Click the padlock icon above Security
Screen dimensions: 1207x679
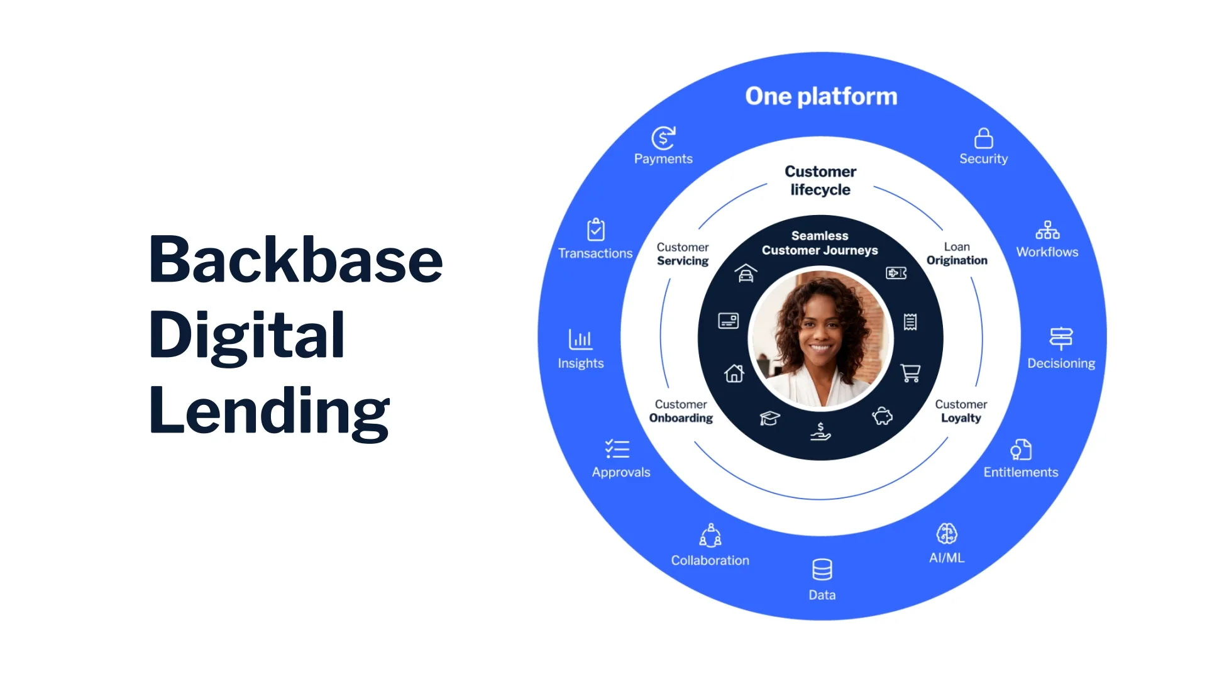(x=983, y=138)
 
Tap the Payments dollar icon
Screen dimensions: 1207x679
(x=663, y=138)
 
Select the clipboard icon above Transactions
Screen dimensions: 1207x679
(x=595, y=229)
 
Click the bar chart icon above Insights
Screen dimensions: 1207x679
(x=580, y=339)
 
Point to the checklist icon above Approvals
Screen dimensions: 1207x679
(x=617, y=448)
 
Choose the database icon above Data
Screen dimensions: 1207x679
(x=822, y=570)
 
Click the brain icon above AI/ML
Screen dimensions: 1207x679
(x=947, y=534)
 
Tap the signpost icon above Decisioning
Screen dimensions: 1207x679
(x=1061, y=338)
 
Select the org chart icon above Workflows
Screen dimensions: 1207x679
(x=1047, y=230)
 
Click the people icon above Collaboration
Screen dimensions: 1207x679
(x=710, y=536)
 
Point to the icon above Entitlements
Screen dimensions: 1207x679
(x=1021, y=450)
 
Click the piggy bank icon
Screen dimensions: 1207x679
(x=882, y=416)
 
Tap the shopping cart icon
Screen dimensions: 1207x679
(x=910, y=373)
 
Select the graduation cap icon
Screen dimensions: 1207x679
(x=769, y=418)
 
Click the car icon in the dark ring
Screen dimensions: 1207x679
(x=746, y=273)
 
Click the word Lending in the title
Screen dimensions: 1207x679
(x=269, y=411)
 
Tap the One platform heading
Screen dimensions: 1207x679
(x=821, y=96)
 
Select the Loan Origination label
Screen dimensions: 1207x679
(x=957, y=254)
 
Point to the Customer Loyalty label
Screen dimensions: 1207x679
(x=961, y=411)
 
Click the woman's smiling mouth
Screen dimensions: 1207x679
(x=820, y=346)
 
